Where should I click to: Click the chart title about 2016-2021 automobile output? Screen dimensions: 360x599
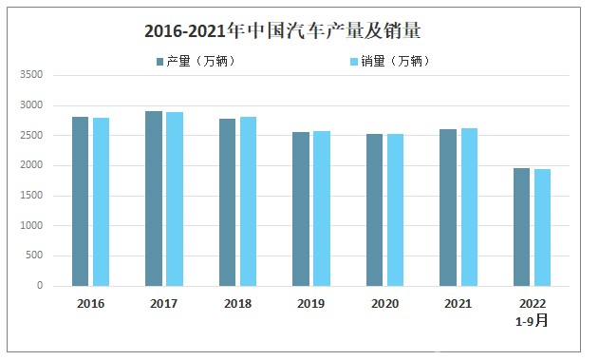[x=282, y=31]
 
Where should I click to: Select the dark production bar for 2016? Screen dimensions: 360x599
[x=80, y=201]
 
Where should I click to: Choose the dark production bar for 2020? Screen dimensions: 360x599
[x=374, y=210]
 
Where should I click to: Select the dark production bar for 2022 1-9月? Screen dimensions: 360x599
[x=521, y=227]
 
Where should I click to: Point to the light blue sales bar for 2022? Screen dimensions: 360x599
[x=542, y=228]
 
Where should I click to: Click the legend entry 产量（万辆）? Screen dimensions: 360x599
[x=196, y=62]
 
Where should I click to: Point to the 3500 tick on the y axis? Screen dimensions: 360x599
[x=32, y=75]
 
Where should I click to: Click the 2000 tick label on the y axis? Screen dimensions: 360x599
[x=32, y=165]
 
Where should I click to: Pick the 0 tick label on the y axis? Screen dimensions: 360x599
[x=41, y=286]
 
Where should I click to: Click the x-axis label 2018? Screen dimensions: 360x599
[x=237, y=304]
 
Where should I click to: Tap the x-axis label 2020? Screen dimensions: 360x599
[x=384, y=304]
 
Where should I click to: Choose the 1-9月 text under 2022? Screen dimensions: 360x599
[x=532, y=321]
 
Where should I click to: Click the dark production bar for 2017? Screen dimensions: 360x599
[x=153, y=199]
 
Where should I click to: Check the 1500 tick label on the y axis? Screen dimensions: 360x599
[x=32, y=196]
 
